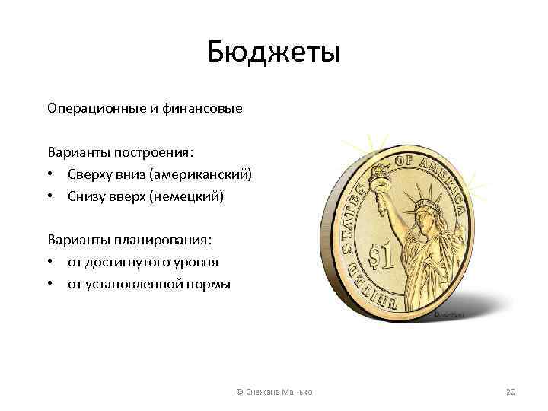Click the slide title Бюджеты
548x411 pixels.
pos(274,53)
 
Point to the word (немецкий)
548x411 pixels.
pos(186,196)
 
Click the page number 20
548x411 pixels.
pos(510,391)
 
